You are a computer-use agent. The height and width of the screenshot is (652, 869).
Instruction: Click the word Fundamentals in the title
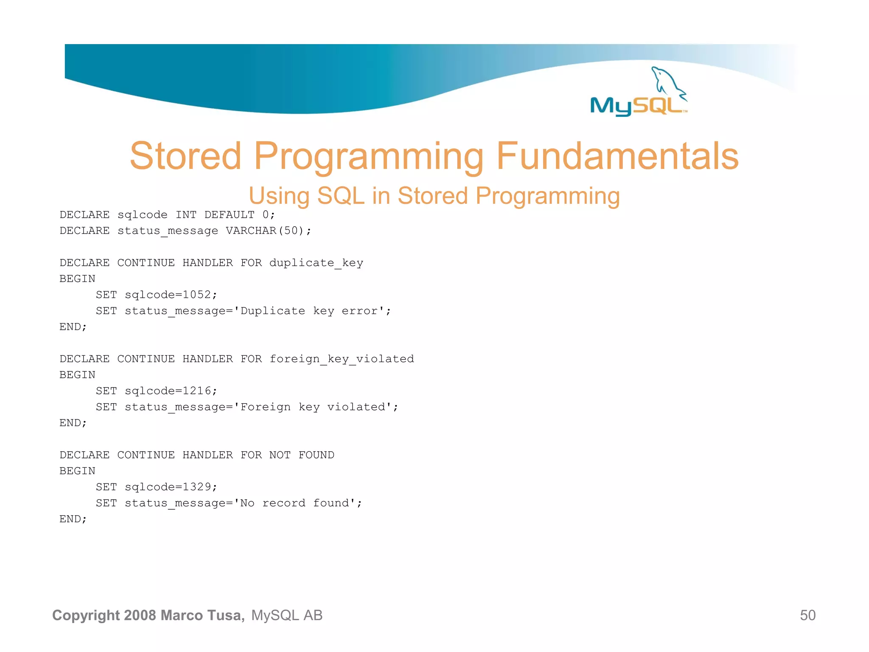pos(617,156)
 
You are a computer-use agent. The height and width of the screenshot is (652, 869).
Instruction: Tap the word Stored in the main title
pos(185,156)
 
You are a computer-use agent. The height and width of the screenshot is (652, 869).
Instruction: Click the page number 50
pos(807,615)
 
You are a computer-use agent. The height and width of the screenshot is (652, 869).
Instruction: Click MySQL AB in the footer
pos(287,615)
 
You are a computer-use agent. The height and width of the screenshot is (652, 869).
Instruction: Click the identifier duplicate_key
pos(316,263)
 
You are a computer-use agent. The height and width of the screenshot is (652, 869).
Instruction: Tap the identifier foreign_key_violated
pos(342,359)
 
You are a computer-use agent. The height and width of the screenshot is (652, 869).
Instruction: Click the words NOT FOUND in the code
pos(302,455)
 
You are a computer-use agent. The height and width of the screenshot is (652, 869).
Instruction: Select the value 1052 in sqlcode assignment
pos(196,295)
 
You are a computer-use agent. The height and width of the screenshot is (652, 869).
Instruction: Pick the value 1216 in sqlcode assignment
pos(196,391)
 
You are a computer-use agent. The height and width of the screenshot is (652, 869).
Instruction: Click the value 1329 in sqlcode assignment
pos(196,486)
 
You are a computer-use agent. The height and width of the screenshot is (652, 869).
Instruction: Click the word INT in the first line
pos(186,215)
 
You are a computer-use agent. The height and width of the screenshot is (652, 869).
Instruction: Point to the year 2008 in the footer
pos(140,615)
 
